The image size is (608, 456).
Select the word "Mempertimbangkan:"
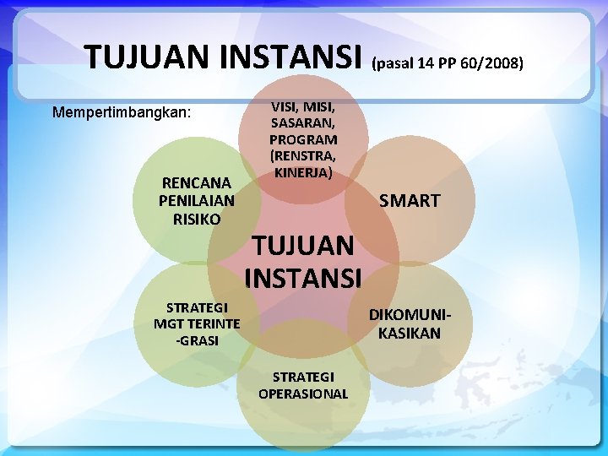pyautogui.click(x=122, y=111)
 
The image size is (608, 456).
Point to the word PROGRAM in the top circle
pyautogui.click(x=303, y=138)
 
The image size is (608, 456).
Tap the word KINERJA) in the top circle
pyautogui.click(x=302, y=171)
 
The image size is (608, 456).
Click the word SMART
pyautogui.click(x=410, y=201)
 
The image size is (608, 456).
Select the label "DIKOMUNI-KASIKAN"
pyautogui.click(x=410, y=323)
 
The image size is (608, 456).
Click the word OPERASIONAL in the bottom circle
pyautogui.click(x=303, y=394)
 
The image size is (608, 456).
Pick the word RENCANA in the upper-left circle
pyautogui.click(x=197, y=182)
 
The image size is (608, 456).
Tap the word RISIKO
pyautogui.click(x=197, y=219)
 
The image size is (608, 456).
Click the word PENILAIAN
pyautogui.click(x=197, y=200)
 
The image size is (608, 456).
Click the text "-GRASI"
pyautogui.click(x=197, y=340)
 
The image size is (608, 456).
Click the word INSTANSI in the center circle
pyautogui.click(x=303, y=277)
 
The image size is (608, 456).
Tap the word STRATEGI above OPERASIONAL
pyautogui.click(x=303, y=376)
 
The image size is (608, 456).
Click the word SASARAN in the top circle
pyautogui.click(x=303, y=122)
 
